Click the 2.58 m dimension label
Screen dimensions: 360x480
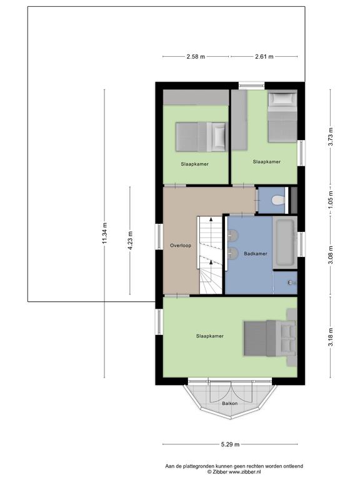(196, 57)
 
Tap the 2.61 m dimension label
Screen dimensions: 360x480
(264, 57)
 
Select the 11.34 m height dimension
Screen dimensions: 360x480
(105, 233)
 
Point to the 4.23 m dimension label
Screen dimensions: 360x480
(130, 240)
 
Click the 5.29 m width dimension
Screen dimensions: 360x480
(230, 444)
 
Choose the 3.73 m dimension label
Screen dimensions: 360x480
(330, 137)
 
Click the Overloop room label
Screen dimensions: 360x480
(181, 246)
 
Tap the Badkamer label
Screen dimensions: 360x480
(256, 254)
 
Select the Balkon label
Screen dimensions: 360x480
(229, 404)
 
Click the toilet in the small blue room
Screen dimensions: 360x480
(278, 200)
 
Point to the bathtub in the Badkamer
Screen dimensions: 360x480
(285, 242)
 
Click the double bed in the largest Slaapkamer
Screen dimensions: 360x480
(270, 338)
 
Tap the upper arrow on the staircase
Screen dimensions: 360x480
(211, 219)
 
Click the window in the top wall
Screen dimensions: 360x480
(251, 86)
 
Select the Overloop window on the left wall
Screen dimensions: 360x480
(159, 237)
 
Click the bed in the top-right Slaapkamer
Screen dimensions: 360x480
(282, 117)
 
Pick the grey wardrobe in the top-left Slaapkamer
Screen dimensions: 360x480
(196, 97)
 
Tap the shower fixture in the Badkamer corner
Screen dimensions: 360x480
(291, 282)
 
